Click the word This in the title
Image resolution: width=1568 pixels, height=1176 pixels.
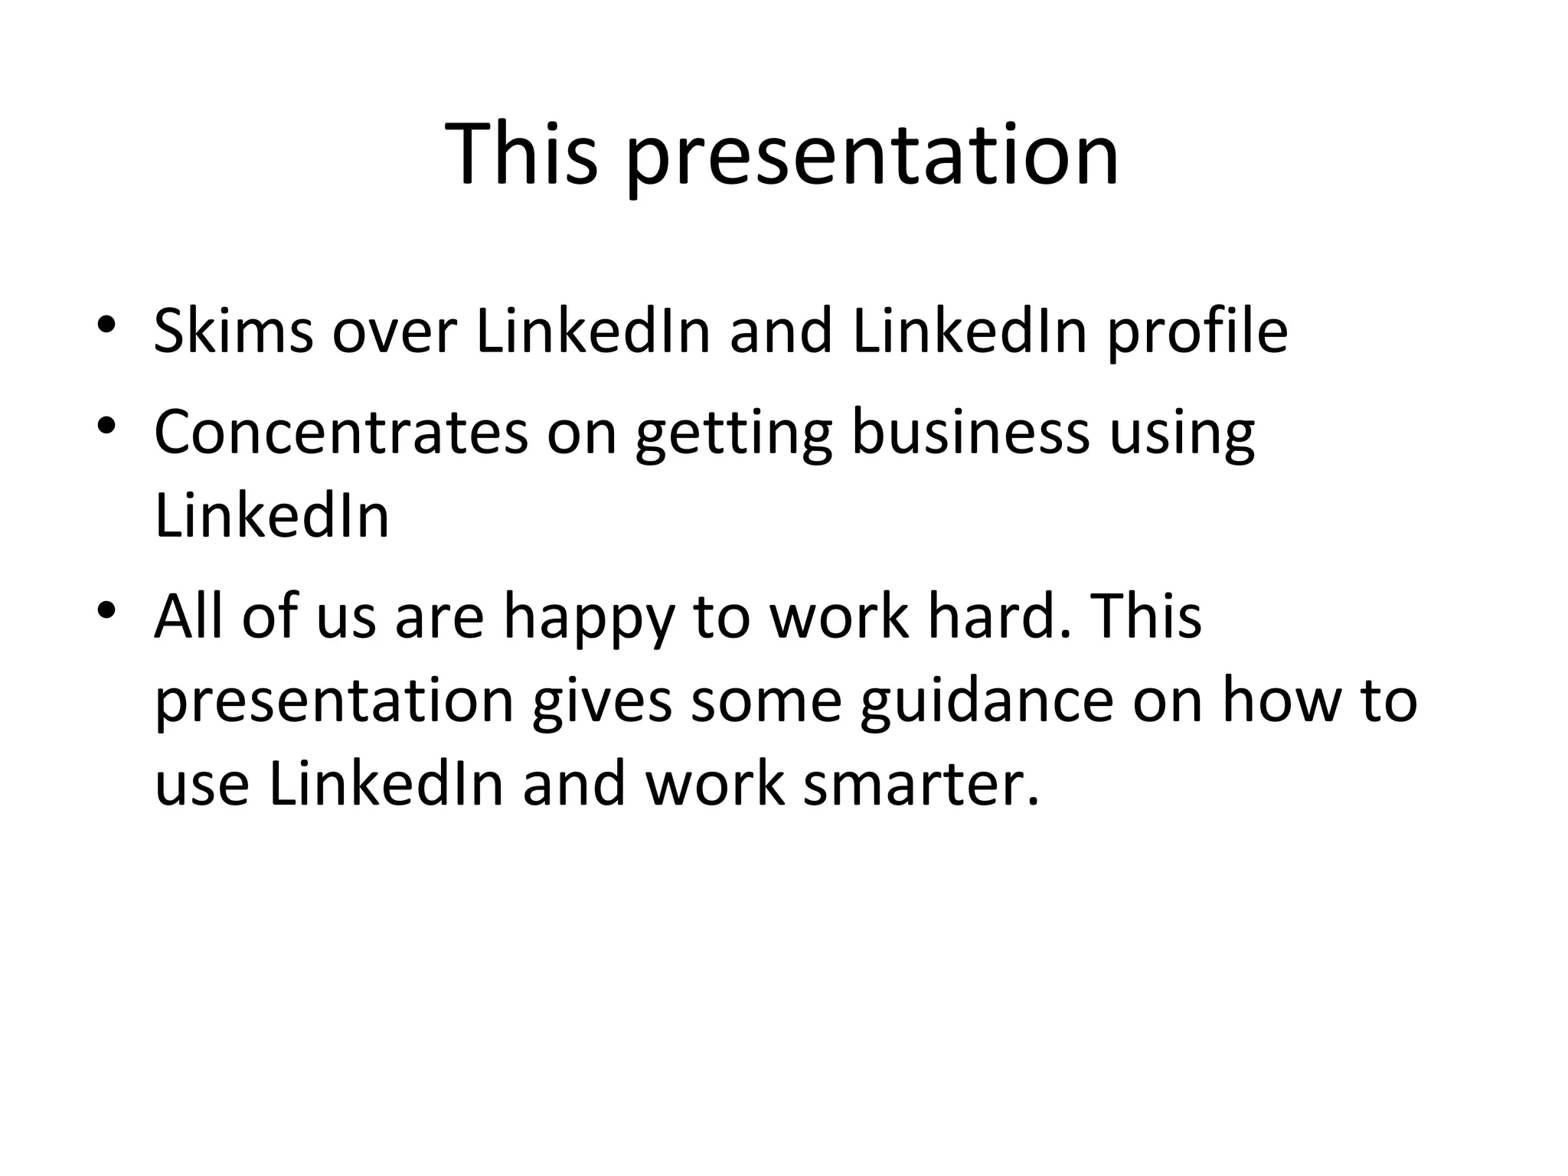click(x=521, y=155)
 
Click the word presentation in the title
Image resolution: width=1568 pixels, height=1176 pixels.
click(x=872, y=161)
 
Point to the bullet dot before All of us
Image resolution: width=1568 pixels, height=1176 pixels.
click(x=106, y=609)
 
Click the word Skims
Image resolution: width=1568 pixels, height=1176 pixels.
click(x=234, y=331)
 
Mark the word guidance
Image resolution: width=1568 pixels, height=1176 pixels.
click(x=986, y=703)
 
